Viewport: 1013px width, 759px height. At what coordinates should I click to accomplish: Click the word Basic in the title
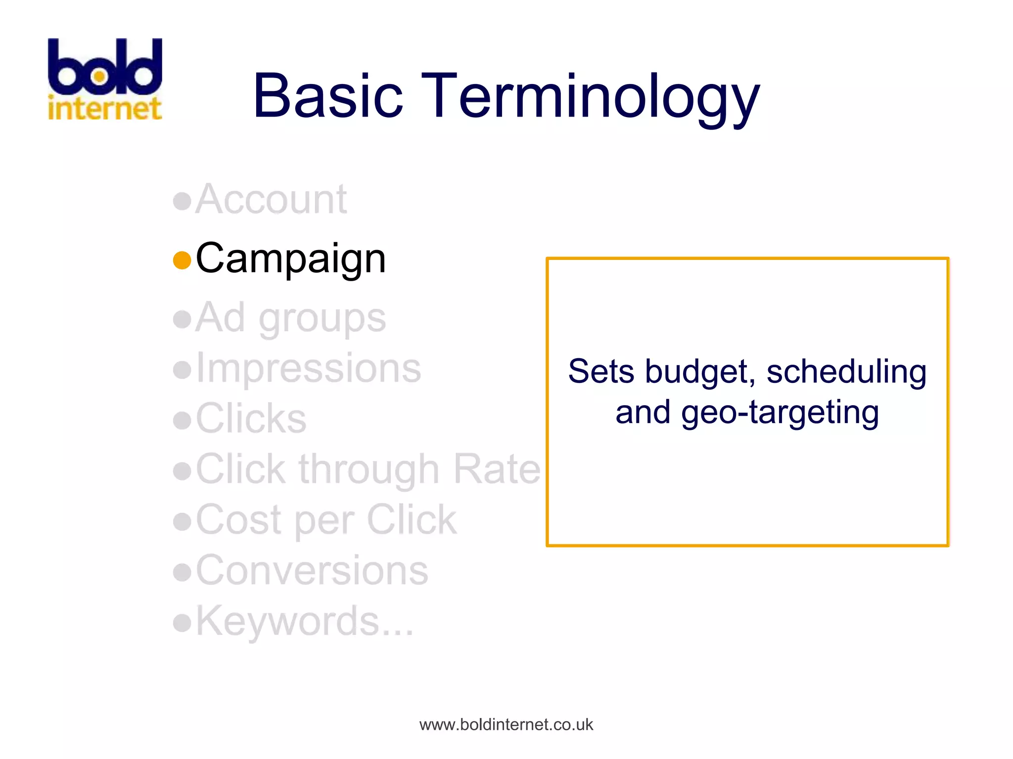[327, 96]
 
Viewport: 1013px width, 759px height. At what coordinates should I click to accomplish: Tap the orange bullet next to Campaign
[182, 260]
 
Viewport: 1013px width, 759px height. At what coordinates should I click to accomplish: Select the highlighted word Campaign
[291, 259]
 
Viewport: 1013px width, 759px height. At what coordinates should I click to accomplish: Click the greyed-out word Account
[271, 200]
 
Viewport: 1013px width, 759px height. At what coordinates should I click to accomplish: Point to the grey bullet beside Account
[182, 201]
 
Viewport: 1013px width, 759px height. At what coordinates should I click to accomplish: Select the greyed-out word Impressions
[309, 368]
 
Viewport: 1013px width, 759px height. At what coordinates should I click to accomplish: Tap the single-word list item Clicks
[251, 419]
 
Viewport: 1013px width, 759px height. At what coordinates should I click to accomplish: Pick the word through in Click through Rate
[369, 470]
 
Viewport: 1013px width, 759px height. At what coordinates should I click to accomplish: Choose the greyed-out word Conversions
[312, 570]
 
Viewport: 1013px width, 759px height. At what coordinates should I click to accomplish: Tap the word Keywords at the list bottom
[288, 622]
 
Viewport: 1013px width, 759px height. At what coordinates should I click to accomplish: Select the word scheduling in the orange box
[846, 372]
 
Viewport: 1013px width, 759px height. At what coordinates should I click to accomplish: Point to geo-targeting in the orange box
[780, 413]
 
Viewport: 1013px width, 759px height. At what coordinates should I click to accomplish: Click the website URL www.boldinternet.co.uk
[506, 725]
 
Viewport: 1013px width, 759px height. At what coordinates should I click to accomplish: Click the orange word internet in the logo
[105, 109]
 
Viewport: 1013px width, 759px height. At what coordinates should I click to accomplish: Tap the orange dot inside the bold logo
[99, 77]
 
